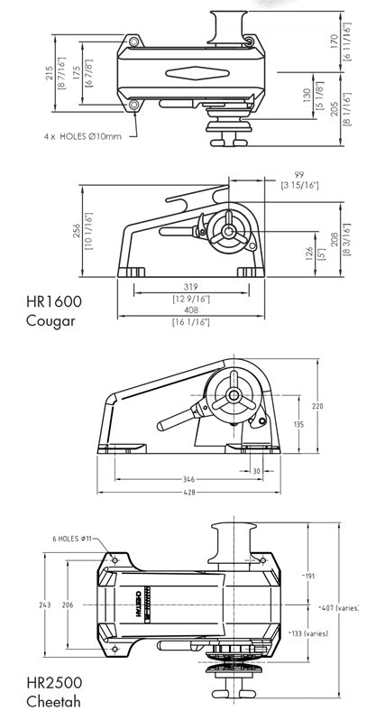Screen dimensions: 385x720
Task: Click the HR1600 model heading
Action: click(54, 301)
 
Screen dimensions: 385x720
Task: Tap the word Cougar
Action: click(50, 320)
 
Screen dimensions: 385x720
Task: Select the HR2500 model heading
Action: click(54, 682)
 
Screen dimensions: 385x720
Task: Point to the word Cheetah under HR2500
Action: click(53, 702)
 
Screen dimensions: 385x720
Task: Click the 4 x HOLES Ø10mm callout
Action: click(83, 136)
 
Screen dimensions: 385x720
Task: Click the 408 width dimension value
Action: click(190, 310)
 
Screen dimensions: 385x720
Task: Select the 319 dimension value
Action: click(190, 287)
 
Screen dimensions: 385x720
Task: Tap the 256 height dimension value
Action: click(76, 230)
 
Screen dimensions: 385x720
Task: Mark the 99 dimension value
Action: click(299, 174)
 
